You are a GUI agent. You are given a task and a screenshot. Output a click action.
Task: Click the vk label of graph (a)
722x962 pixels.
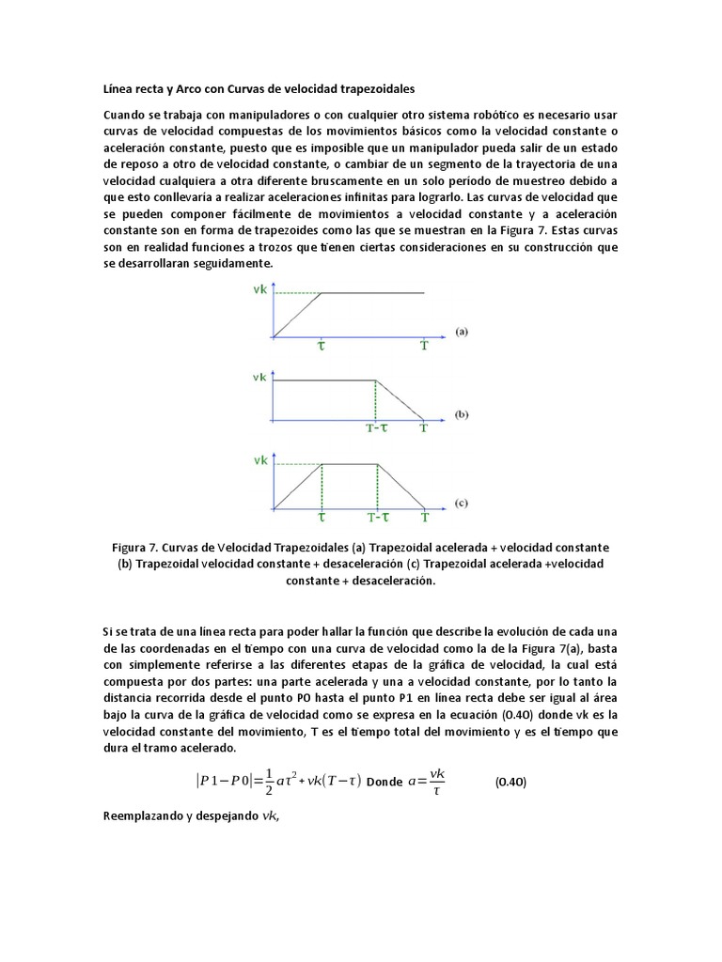(x=259, y=290)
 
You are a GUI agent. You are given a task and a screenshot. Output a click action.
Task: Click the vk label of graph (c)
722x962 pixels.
(x=259, y=461)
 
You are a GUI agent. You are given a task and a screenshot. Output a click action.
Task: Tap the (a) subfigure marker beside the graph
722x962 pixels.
(x=462, y=331)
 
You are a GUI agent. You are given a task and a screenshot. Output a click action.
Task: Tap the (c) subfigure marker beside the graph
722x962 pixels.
(x=462, y=503)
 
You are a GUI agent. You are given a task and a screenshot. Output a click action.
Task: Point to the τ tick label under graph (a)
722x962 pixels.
(x=322, y=346)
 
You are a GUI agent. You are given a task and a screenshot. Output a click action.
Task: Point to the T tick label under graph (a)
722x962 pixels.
(x=424, y=346)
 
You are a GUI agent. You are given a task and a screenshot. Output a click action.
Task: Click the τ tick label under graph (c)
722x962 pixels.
(x=322, y=517)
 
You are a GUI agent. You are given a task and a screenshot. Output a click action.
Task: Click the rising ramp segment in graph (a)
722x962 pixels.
(x=298, y=315)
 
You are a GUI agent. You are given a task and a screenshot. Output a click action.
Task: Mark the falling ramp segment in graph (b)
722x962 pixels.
(x=400, y=400)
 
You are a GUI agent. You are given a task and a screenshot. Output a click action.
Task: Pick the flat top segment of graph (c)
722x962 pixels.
(x=350, y=464)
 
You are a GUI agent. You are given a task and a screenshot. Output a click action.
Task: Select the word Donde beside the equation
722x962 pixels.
(x=385, y=782)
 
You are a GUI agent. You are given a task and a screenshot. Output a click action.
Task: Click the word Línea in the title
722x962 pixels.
(x=118, y=87)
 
